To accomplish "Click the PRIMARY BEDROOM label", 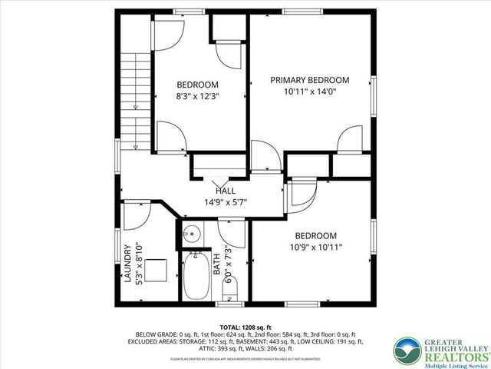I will click(x=309, y=80).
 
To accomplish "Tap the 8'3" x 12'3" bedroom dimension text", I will click(x=197, y=98).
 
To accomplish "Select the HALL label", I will click(x=225, y=191).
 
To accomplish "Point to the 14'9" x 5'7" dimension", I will click(x=225, y=203).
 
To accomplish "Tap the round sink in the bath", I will click(x=193, y=233).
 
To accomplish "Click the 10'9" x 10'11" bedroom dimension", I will click(x=316, y=248).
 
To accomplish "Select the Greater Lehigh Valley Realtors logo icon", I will click(x=408, y=351).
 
